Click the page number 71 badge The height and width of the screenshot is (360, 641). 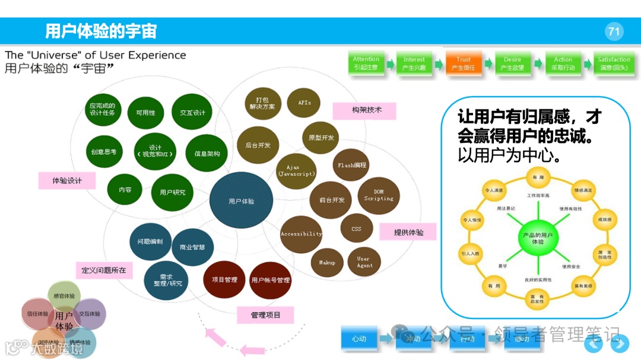(x=614, y=31)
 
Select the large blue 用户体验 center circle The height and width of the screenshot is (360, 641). (x=241, y=201)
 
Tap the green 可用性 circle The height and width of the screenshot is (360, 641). (x=145, y=113)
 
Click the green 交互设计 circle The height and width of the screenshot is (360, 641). (x=192, y=113)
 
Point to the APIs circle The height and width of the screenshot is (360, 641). (x=304, y=103)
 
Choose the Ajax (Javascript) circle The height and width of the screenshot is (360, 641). (x=297, y=170)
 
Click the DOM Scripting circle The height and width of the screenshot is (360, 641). (x=379, y=195)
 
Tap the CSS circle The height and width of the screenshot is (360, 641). (x=356, y=228)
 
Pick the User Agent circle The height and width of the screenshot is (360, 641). (x=364, y=262)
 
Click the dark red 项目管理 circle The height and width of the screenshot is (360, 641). (x=224, y=279)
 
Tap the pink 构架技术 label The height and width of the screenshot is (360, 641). (x=364, y=110)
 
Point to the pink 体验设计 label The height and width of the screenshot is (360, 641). (x=67, y=180)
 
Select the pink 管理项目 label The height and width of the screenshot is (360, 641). (x=265, y=315)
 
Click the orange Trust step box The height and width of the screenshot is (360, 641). (x=464, y=63)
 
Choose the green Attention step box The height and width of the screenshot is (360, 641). (x=366, y=63)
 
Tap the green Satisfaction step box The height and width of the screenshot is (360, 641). (x=614, y=63)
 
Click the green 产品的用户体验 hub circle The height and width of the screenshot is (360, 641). (x=537, y=238)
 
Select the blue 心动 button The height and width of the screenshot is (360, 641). (x=358, y=339)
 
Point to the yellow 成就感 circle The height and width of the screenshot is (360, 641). (x=604, y=220)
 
